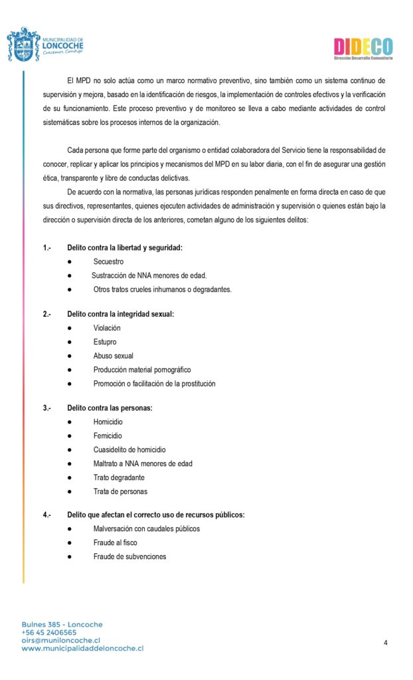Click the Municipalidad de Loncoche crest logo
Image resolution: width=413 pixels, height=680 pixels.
click(23, 44)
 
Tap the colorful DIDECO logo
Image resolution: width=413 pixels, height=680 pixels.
click(363, 47)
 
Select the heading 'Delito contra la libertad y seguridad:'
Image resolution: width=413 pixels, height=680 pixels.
click(125, 248)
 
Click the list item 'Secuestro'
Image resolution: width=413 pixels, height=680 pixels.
click(108, 262)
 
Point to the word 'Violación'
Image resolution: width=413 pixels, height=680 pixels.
click(107, 328)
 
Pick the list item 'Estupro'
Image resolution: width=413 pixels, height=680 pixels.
click(105, 342)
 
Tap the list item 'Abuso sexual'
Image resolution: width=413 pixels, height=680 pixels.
click(114, 356)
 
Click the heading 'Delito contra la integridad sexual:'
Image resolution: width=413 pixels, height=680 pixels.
click(120, 314)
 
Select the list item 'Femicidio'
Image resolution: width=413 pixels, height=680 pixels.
click(108, 436)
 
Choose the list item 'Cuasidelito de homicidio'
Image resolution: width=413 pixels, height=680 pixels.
click(129, 450)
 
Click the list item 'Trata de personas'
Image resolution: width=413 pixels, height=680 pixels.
click(120, 491)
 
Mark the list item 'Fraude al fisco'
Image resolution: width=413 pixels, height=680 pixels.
click(116, 543)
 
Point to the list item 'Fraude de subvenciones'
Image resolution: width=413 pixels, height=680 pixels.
click(129, 556)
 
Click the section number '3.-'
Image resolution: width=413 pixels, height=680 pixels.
click(47, 408)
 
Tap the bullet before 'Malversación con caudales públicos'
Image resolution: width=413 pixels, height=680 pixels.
click(70, 529)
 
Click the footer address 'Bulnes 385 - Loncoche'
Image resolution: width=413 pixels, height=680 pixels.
click(62, 625)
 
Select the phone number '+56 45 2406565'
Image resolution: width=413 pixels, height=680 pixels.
click(49, 633)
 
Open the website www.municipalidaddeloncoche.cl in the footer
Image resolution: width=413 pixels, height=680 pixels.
click(82, 648)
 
